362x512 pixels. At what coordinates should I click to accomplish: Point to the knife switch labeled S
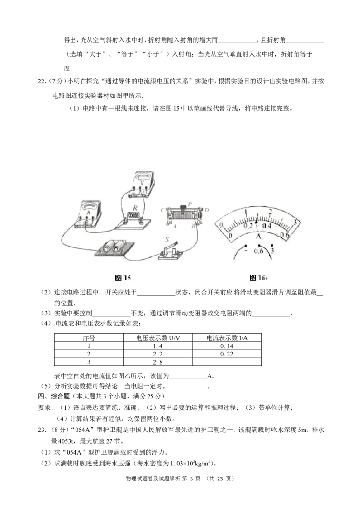point(170,251)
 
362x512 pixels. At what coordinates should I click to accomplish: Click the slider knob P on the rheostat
point(184,206)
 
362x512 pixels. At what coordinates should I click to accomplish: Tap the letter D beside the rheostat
point(207,210)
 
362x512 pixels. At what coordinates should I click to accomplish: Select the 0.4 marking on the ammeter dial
point(267,226)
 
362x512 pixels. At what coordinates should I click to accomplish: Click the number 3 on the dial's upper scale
point(295,222)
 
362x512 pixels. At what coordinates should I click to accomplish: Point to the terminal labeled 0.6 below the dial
point(258,251)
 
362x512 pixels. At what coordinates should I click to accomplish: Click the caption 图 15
point(123,278)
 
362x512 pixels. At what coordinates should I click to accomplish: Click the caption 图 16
point(257,278)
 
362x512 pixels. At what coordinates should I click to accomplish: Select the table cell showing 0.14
point(227,346)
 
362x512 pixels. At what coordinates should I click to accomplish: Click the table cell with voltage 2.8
point(157,362)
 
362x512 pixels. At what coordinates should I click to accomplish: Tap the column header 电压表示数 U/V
point(158,338)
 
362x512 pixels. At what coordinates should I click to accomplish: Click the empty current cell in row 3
point(227,362)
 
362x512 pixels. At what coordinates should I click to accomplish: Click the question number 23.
point(41,430)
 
